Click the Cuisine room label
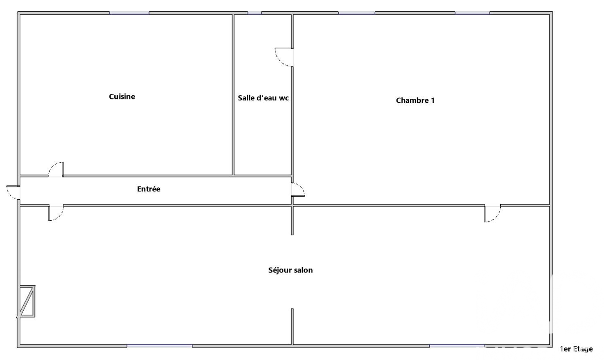(x=122, y=96)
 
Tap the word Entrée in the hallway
(x=149, y=189)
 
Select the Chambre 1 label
(x=415, y=100)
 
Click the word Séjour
(x=278, y=270)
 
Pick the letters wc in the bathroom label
(x=284, y=98)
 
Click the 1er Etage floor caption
(x=576, y=349)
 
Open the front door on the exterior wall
(x=13, y=192)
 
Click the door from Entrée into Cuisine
(x=56, y=169)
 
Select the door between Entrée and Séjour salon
(x=56, y=213)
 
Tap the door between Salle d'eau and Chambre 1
(x=284, y=57)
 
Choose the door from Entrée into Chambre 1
(x=298, y=189)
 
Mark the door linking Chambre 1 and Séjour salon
(x=492, y=213)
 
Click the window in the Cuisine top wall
(x=129, y=13)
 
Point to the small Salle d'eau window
(x=255, y=13)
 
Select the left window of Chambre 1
(x=357, y=13)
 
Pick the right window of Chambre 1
(x=472, y=13)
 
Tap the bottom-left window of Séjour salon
(x=160, y=346)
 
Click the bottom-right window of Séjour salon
(x=457, y=346)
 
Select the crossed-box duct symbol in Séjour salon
(x=27, y=301)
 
